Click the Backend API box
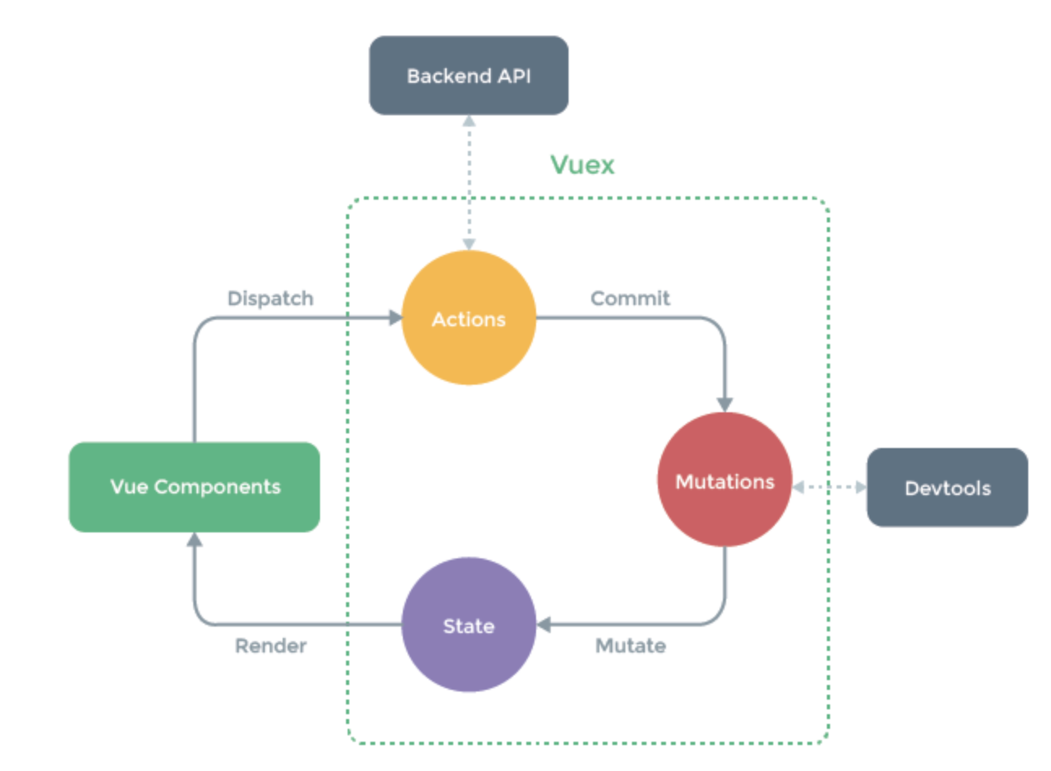(x=469, y=75)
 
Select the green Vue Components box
(x=194, y=487)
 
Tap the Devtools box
(x=947, y=488)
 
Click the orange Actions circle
(x=469, y=318)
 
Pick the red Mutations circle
(x=724, y=480)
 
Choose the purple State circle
(x=469, y=625)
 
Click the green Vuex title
(x=582, y=165)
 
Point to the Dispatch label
(x=270, y=299)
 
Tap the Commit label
(x=630, y=299)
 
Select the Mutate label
(x=630, y=646)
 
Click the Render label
(x=270, y=646)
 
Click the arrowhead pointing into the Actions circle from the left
(x=396, y=318)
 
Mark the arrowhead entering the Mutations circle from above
(x=724, y=405)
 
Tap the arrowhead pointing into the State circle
(x=543, y=625)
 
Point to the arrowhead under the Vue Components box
(x=194, y=540)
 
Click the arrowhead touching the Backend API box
(x=469, y=121)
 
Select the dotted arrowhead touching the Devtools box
(x=862, y=488)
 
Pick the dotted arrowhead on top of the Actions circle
(x=469, y=244)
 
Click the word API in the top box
(x=514, y=76)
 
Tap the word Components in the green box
(x=217, y=488)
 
